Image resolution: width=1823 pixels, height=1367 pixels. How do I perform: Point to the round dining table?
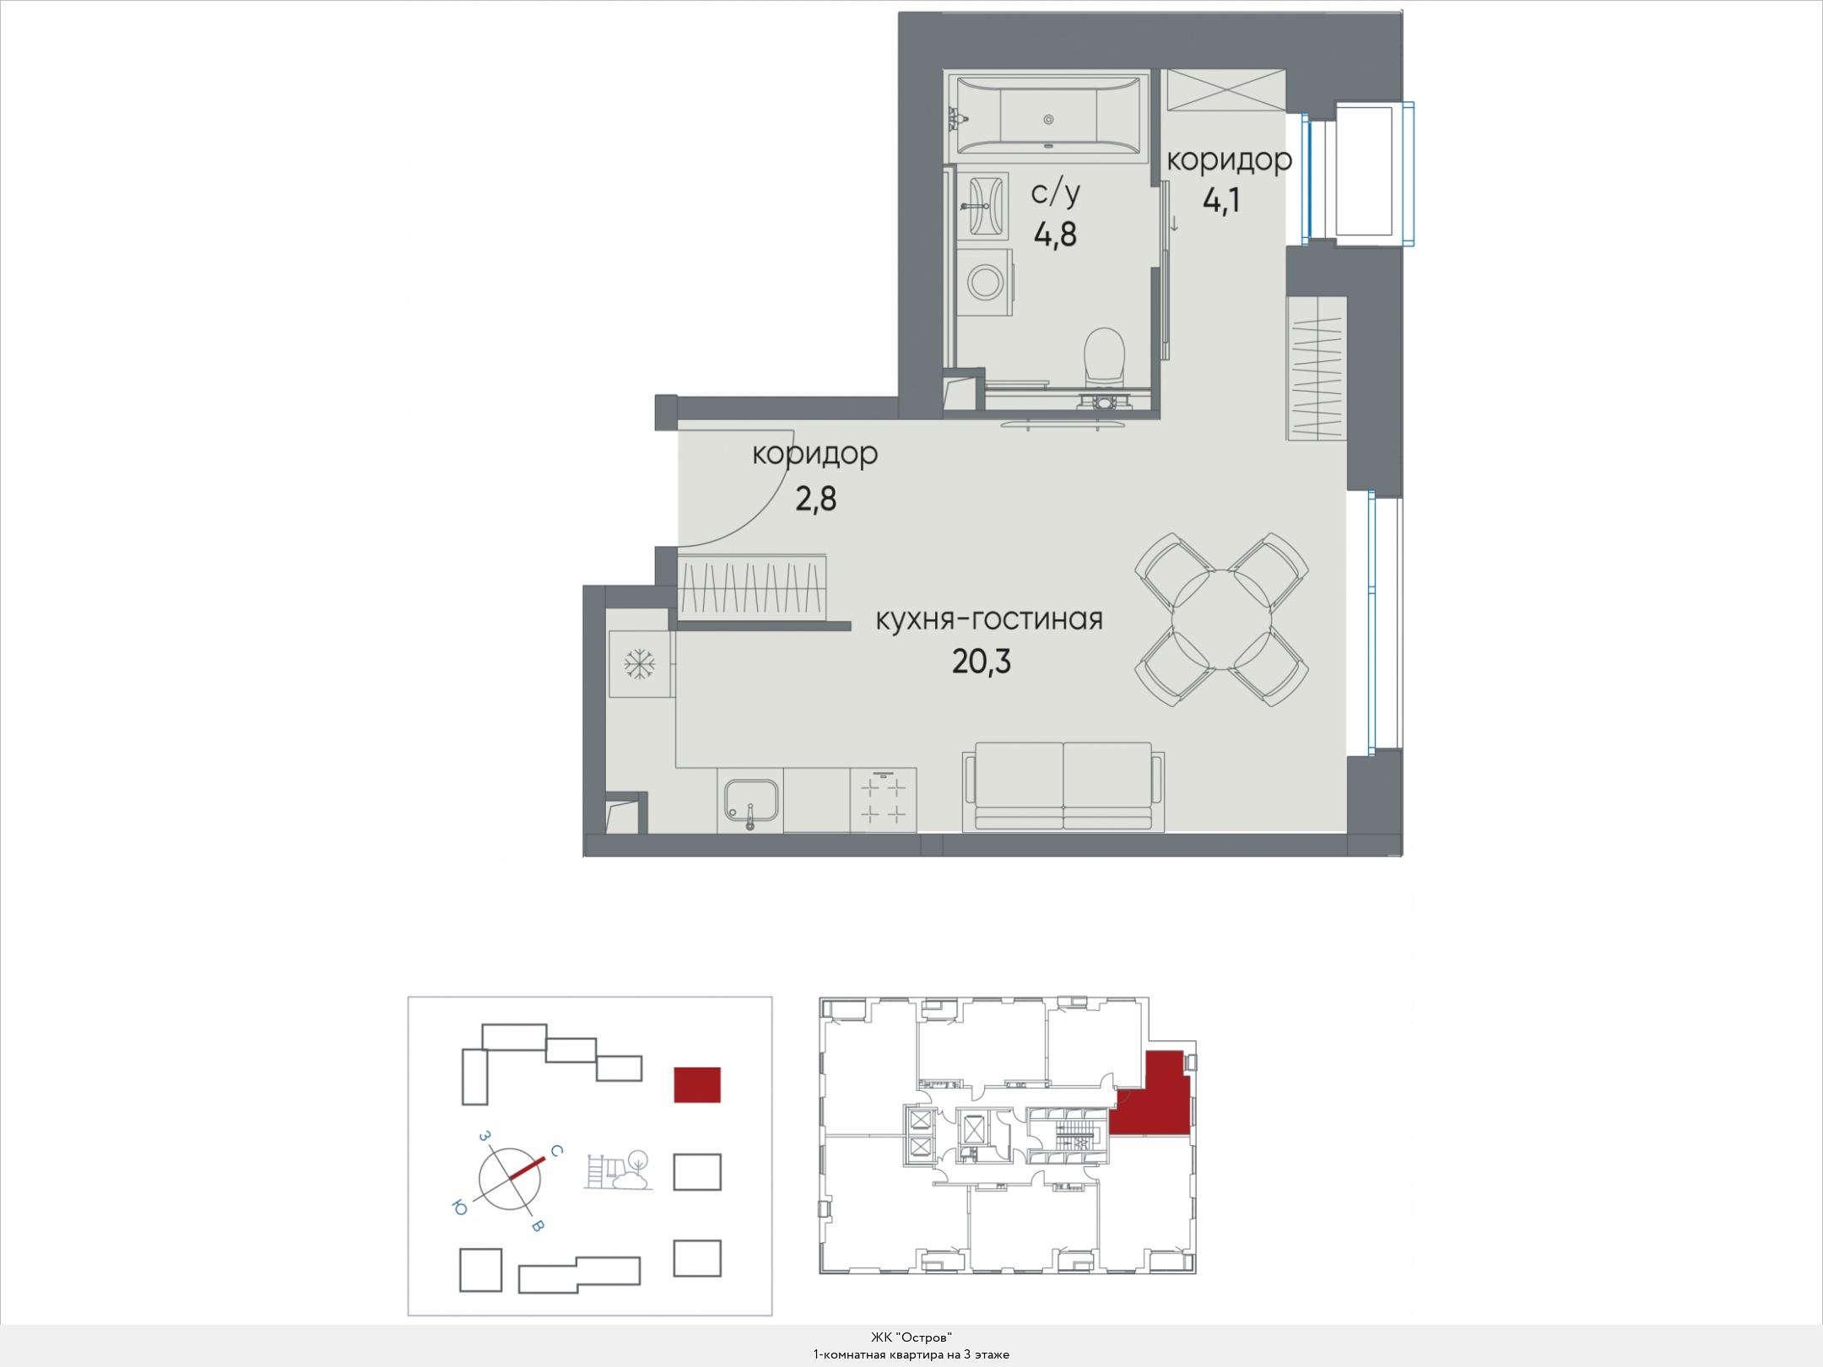coord(1221,619)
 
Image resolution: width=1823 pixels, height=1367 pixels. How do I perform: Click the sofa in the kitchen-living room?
coord(1063,786)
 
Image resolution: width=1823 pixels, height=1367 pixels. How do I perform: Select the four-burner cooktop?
coord(883,800)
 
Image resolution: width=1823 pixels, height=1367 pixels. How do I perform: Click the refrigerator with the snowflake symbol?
coord(641,664)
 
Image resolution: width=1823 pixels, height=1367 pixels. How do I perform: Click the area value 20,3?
coord(982,662)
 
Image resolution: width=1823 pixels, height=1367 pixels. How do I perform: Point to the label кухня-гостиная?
coord(989,619)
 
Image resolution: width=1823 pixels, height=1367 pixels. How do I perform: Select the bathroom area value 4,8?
coord(1055,234)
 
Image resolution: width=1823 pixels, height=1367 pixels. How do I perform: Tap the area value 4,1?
coord(1221,201)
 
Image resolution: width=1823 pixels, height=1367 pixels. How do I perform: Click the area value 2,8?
coord(816,499)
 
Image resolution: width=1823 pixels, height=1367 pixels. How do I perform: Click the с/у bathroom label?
coord(1055,193)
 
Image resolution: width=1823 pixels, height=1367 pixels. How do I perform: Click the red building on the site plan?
coord(697,1084)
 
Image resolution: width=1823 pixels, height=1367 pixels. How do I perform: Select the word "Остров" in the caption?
coord(924,1337)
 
